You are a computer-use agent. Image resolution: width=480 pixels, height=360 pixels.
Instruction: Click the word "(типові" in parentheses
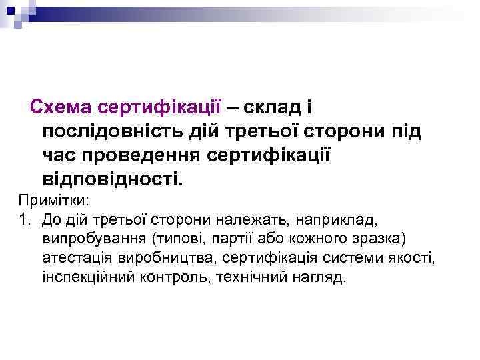click(175, 237)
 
